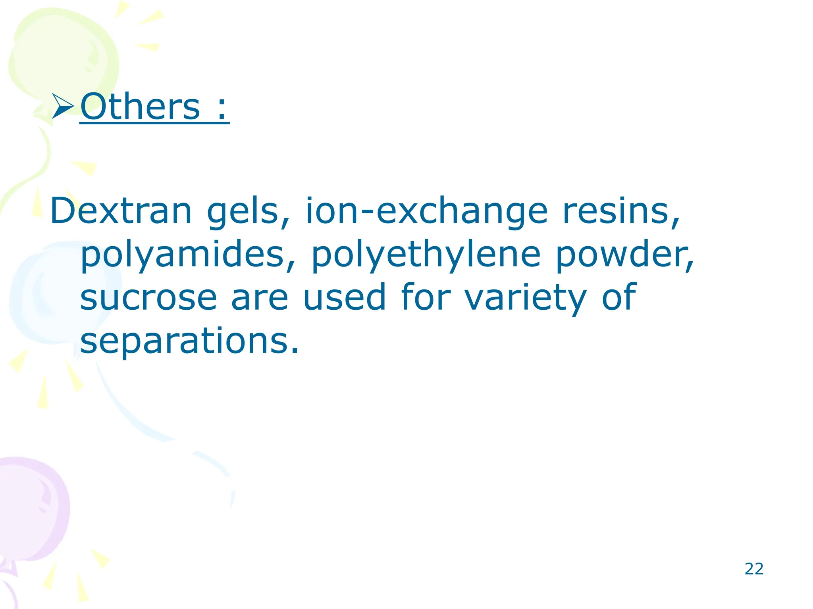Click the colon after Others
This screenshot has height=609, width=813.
coord(222,108)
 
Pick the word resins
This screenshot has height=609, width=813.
coord(621,211)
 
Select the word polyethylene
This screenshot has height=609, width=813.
coord(426,255)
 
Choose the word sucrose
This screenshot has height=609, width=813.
coord(148,298)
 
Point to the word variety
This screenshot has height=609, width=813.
coord(525,298)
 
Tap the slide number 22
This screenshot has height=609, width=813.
coord(754,569)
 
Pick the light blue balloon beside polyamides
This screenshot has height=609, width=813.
coord(44,293)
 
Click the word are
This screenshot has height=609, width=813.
coord(259,298)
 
